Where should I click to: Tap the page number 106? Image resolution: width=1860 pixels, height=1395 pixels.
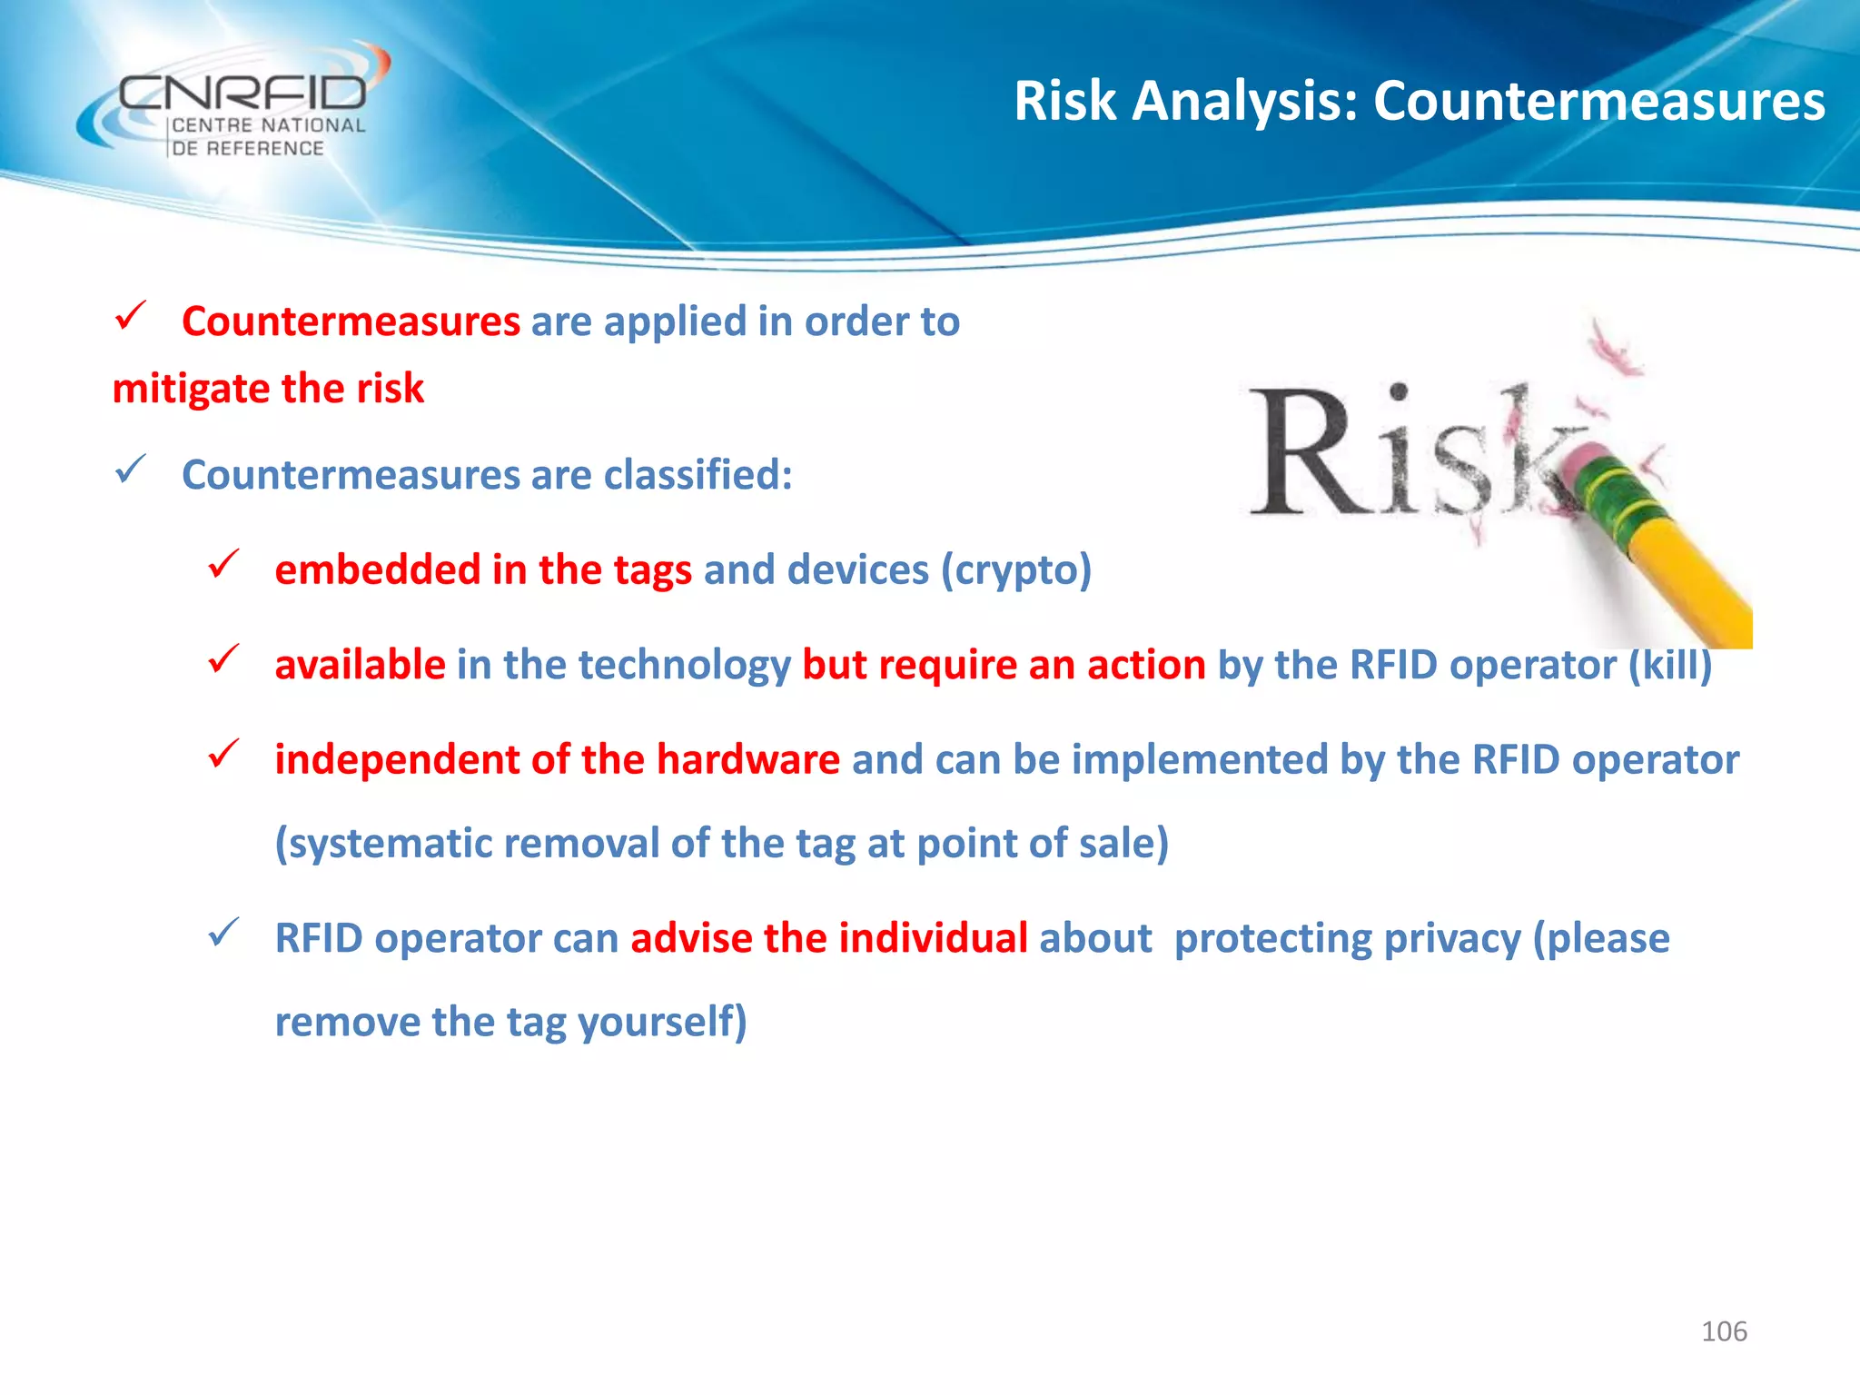tap(1724, 1331)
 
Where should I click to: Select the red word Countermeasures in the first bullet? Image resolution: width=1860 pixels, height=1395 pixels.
tap(351, 322)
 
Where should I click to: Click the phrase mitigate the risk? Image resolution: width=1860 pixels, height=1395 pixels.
tap(268, 389)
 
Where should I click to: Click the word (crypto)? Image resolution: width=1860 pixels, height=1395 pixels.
tap(1015, 570)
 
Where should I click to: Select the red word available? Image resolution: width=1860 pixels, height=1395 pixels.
tap(360, 665)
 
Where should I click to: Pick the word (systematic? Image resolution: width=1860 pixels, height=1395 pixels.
tap(382, 844)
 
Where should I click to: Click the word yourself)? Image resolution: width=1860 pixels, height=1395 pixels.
tap(662, 1022)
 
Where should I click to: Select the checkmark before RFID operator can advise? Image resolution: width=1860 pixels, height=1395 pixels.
tap(223, 933)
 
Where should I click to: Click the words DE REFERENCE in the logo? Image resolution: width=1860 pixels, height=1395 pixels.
tap(248, 148)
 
